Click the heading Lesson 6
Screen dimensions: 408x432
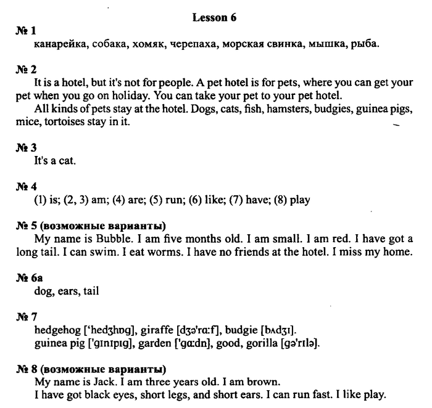214,18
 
